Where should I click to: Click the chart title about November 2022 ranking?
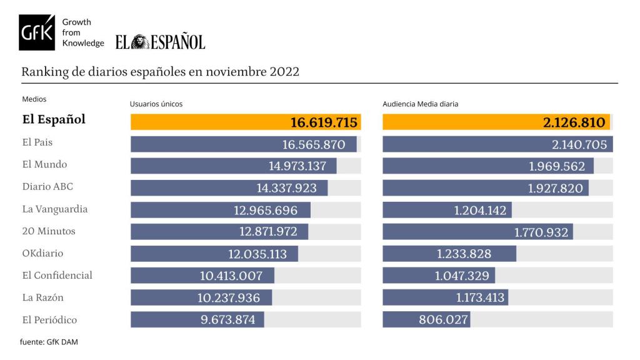[x=160, y=71]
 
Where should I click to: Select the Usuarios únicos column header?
[x=156, y=104]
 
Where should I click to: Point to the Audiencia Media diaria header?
[x=420, y=104]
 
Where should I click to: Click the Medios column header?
[x=34, y=99]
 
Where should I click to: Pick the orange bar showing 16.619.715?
[x=246, y=122]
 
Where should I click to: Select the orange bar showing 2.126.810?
[x=496, y=122]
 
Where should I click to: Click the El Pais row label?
[x=37, y=142]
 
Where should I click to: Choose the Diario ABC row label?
[x=43, y=187]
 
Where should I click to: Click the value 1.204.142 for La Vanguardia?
[x=480, y=211]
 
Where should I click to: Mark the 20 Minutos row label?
[x=48, y=231]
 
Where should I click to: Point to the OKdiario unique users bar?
[x=214, y=254]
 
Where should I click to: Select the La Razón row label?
[x=42, y=297]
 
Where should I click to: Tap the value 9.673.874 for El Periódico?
[x=227, y=320]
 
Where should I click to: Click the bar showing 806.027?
[x=426, y=320]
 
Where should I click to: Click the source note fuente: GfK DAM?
[x=49, y=342]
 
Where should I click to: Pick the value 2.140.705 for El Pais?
[x=580, y=145]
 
